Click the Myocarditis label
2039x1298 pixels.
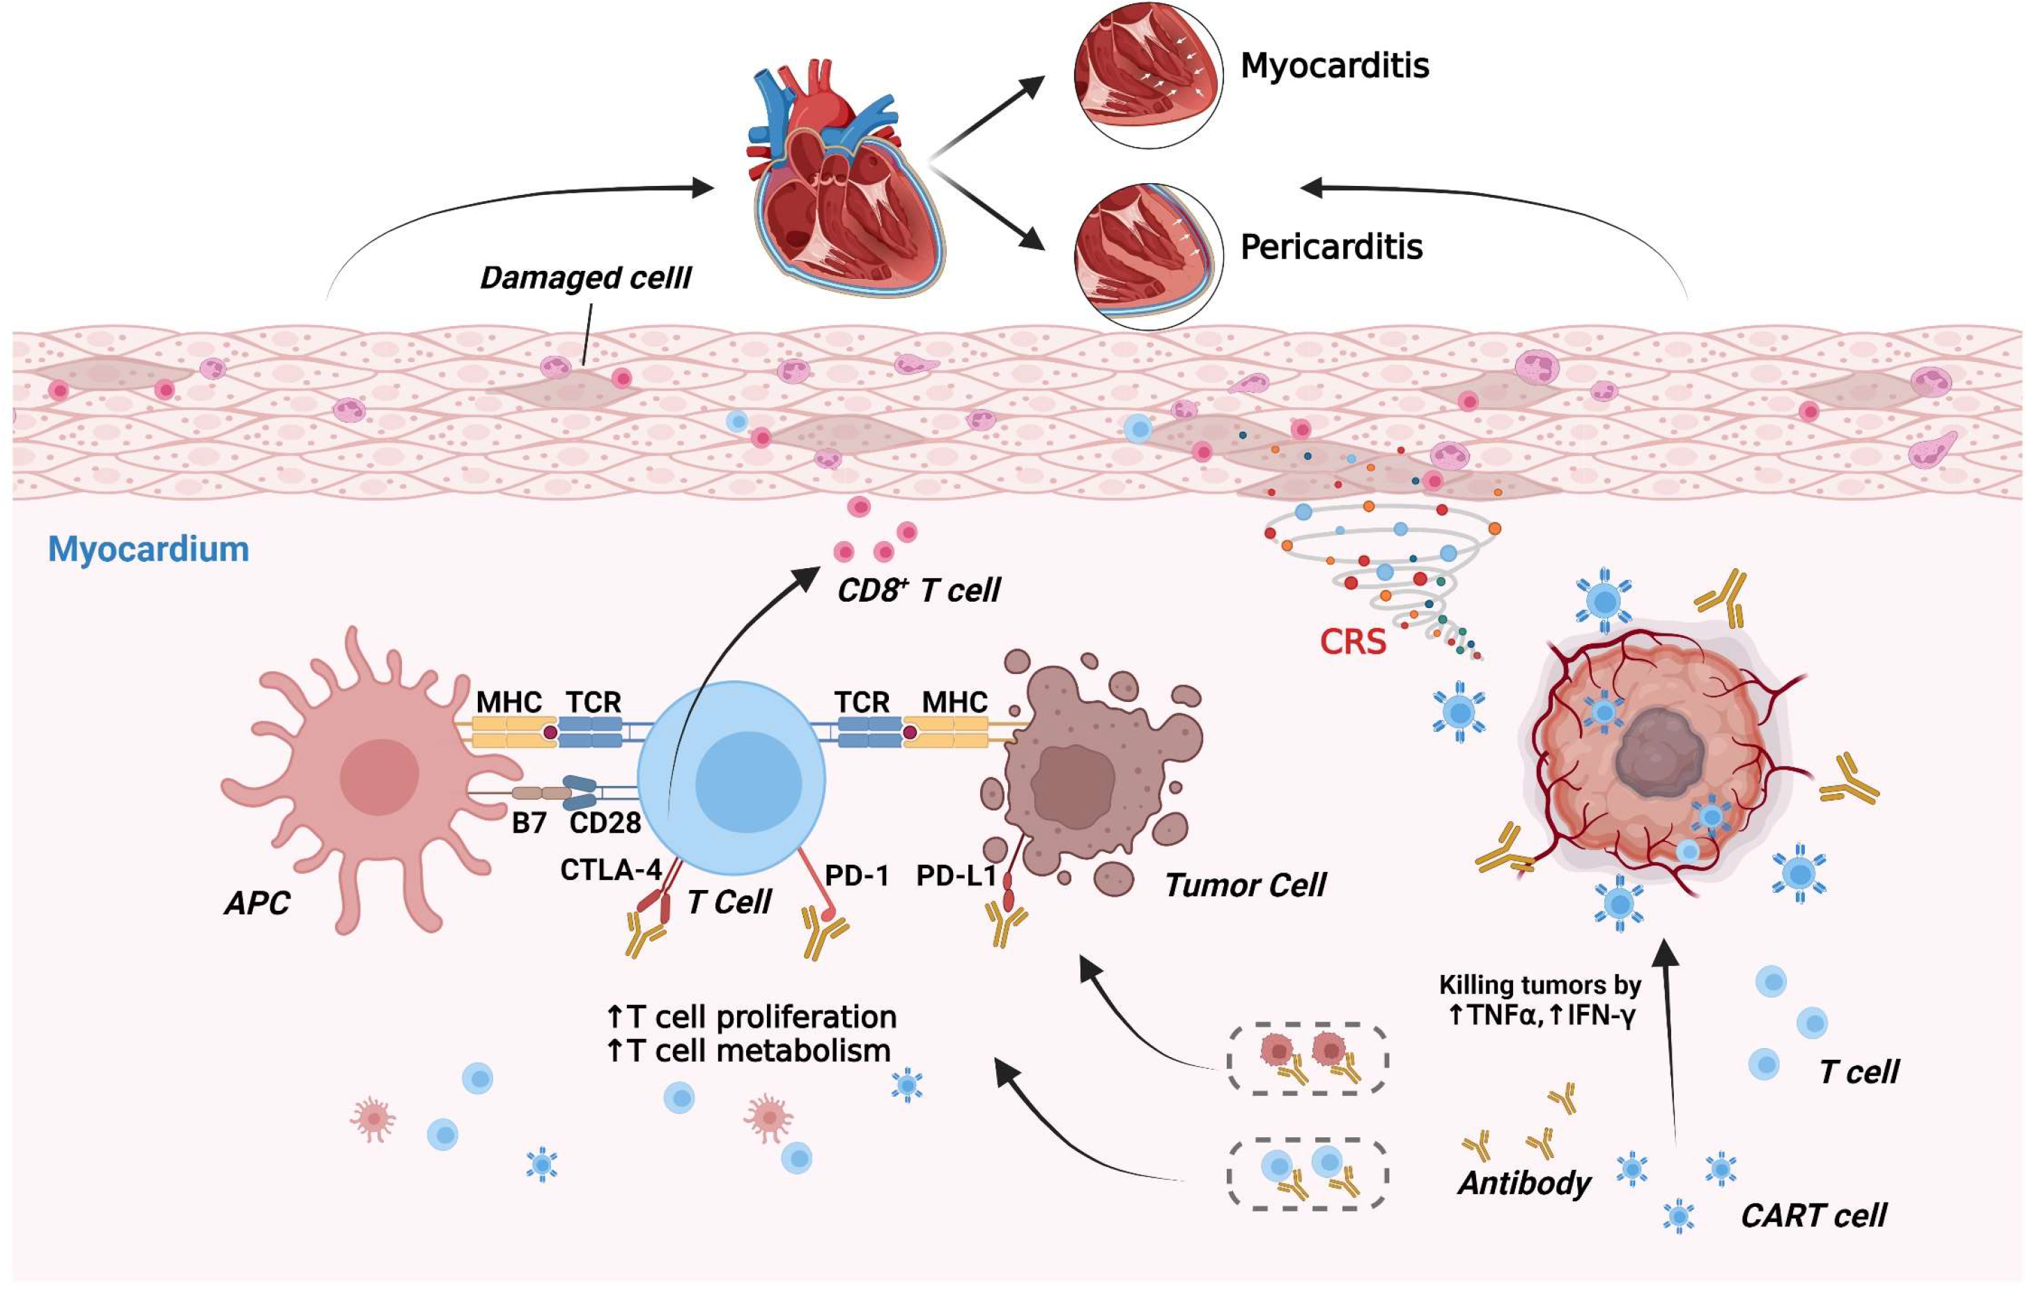click(1335, 66)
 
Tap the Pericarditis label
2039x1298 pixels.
click(1331, 247)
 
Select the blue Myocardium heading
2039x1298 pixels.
click(148, 549)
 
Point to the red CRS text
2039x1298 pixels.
click(1353, 642)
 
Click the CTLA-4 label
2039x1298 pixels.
click(610, 870)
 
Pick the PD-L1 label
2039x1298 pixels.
click(956, 875)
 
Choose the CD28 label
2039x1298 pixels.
click(605, 822)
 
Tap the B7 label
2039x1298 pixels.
click(529, 822)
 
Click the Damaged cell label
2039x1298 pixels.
click(585, 278)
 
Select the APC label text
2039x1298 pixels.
click(256, 903)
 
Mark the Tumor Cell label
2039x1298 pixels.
click(1245, 886)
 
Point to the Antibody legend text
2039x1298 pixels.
click(1524, 1183)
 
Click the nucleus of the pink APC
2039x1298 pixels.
click(380, 776)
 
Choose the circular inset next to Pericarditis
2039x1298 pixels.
click(1148, 256)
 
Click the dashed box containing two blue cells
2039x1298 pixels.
click(1308, 1174)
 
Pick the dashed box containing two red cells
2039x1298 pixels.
click(1308, 1059)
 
